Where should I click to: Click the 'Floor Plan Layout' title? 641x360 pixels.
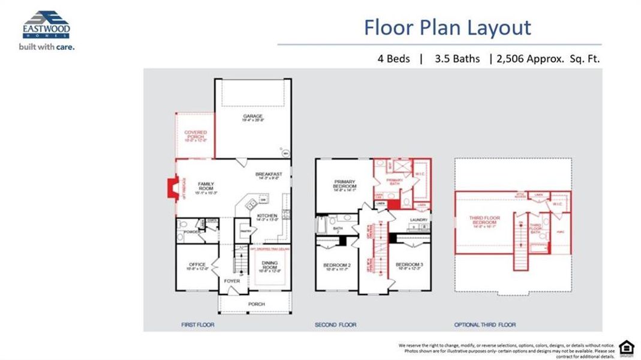[447, 28]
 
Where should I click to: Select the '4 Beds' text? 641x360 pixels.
[393, 59]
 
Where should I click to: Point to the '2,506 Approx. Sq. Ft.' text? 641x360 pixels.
[548, 59]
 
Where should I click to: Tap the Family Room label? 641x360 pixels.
[206, 187]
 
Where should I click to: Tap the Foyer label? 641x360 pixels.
[232, 281]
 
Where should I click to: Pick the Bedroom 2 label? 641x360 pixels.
[336, 266]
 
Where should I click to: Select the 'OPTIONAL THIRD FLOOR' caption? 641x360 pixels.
[485, 325]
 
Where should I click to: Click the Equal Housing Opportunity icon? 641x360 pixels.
[626, 347]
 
